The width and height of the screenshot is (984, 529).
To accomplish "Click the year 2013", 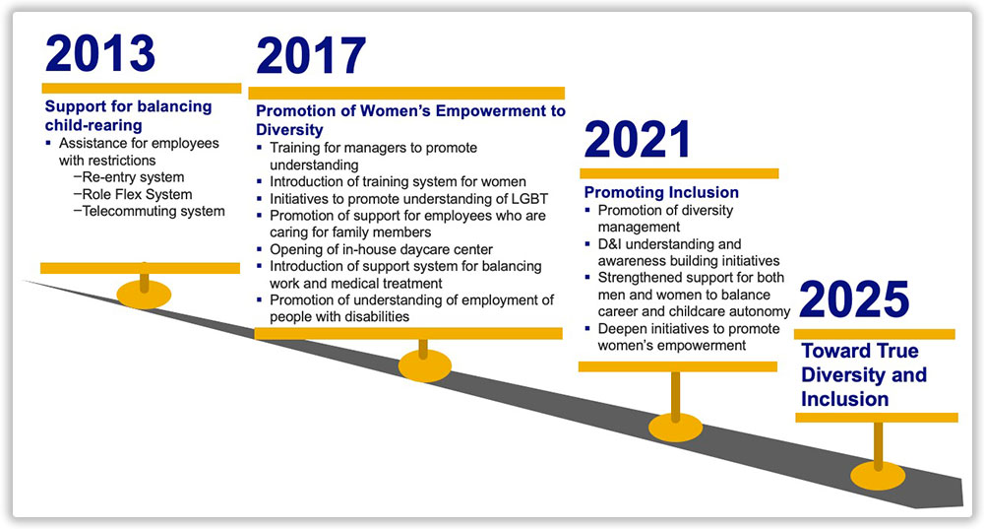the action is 100,53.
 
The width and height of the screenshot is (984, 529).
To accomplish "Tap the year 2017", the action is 311,56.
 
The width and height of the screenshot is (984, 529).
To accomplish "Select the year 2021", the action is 638,140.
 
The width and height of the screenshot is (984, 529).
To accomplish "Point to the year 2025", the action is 854,299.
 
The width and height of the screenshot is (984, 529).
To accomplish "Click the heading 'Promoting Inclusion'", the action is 661,192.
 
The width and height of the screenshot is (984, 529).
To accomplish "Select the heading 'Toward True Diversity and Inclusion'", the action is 864,374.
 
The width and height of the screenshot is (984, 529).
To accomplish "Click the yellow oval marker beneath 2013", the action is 144,294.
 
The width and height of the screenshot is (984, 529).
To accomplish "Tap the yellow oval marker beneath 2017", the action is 425,365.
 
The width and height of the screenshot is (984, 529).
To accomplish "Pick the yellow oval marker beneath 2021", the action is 675,428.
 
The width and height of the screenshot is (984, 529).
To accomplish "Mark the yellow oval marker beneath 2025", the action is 878,476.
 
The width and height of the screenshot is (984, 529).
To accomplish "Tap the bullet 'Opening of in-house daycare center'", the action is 381,249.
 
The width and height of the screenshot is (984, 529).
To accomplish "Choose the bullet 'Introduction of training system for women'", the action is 398,181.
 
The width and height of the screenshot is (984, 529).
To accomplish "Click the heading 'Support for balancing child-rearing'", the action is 128,115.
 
